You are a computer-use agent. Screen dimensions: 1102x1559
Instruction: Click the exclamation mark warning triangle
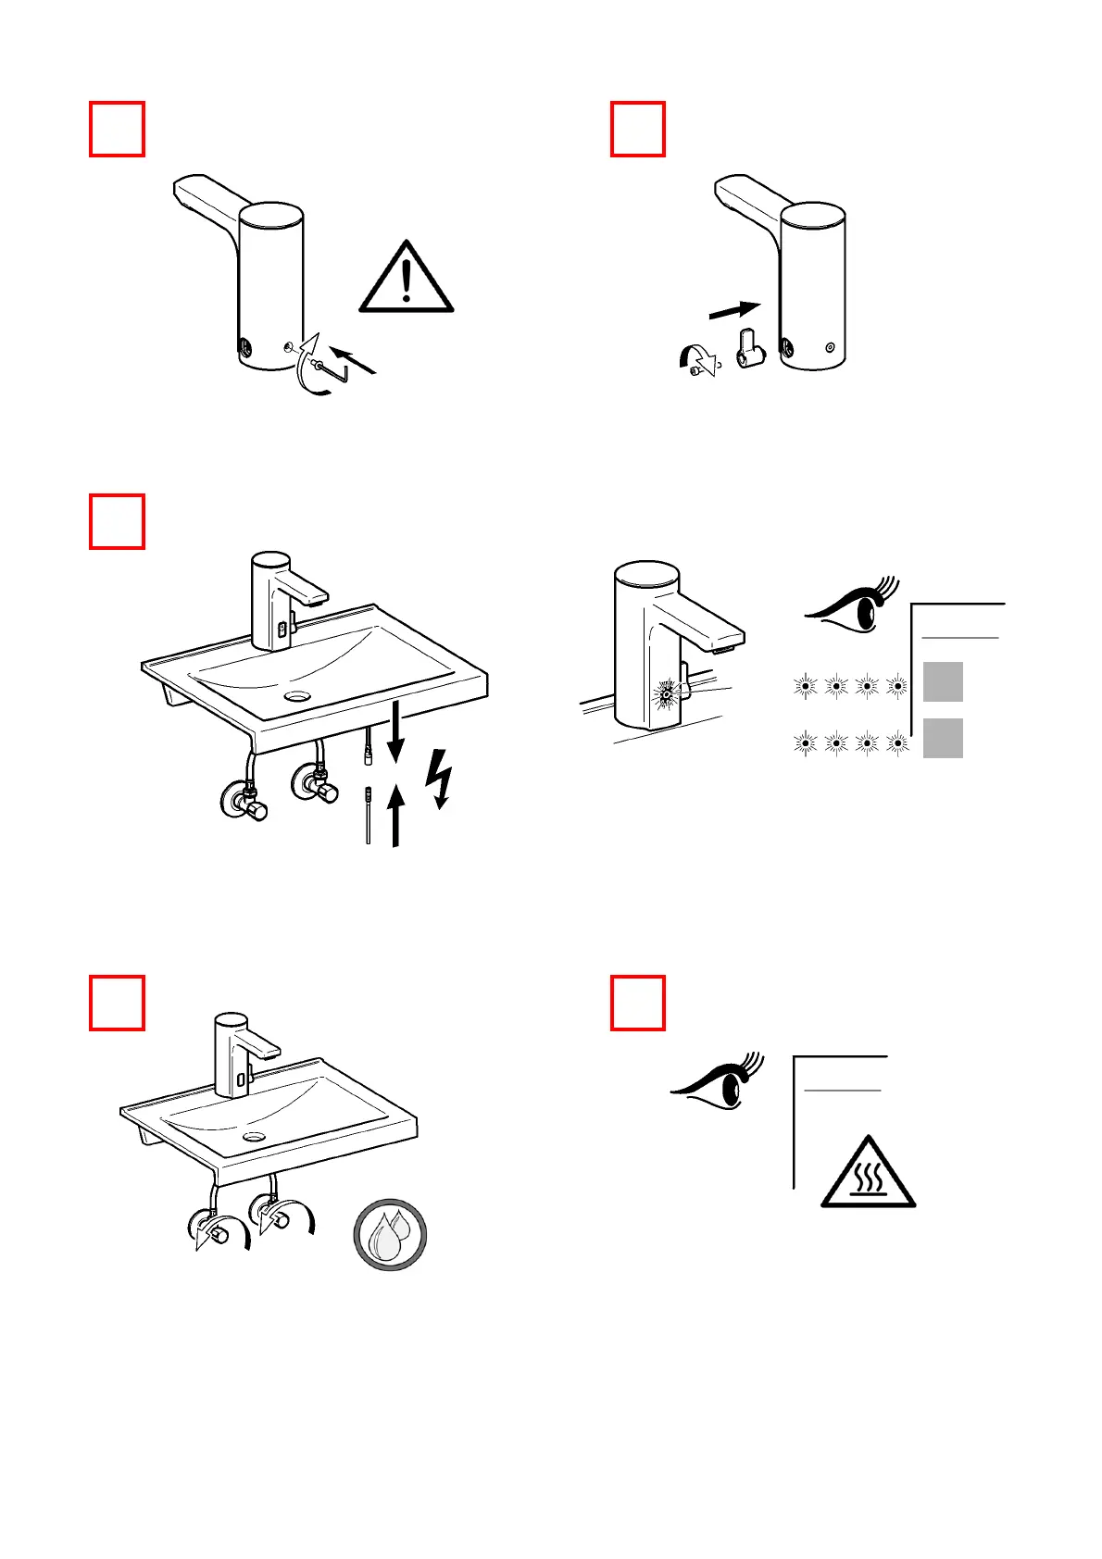[x=407, y=278]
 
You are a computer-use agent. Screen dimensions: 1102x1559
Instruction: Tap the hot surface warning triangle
[x=868, y=1174]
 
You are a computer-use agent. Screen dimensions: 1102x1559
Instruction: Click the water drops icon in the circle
[x=390, y=1234]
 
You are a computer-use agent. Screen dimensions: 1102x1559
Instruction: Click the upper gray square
[x=943, y=682]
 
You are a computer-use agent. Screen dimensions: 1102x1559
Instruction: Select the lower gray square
[x=943, y=738]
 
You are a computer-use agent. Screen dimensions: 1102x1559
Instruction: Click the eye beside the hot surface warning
[x=719, y=1083]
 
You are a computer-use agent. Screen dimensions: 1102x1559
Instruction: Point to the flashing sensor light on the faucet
[x=664, y=692]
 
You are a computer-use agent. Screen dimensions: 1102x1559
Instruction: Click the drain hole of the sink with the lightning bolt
[x=298, y=694]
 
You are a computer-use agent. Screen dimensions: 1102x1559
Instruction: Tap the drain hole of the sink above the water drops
[x=253, y=1136]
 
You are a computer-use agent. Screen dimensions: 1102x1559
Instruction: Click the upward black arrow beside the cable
[x=395, y=815]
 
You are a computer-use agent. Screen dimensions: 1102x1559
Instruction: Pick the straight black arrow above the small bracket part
[x=734, y=310]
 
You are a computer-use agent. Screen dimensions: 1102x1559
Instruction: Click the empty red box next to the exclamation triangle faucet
[x=117, y=129]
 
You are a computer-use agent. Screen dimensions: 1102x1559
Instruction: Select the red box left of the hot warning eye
[x=638, y=1003]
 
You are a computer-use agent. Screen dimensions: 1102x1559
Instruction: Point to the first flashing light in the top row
[x=806, y=686]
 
